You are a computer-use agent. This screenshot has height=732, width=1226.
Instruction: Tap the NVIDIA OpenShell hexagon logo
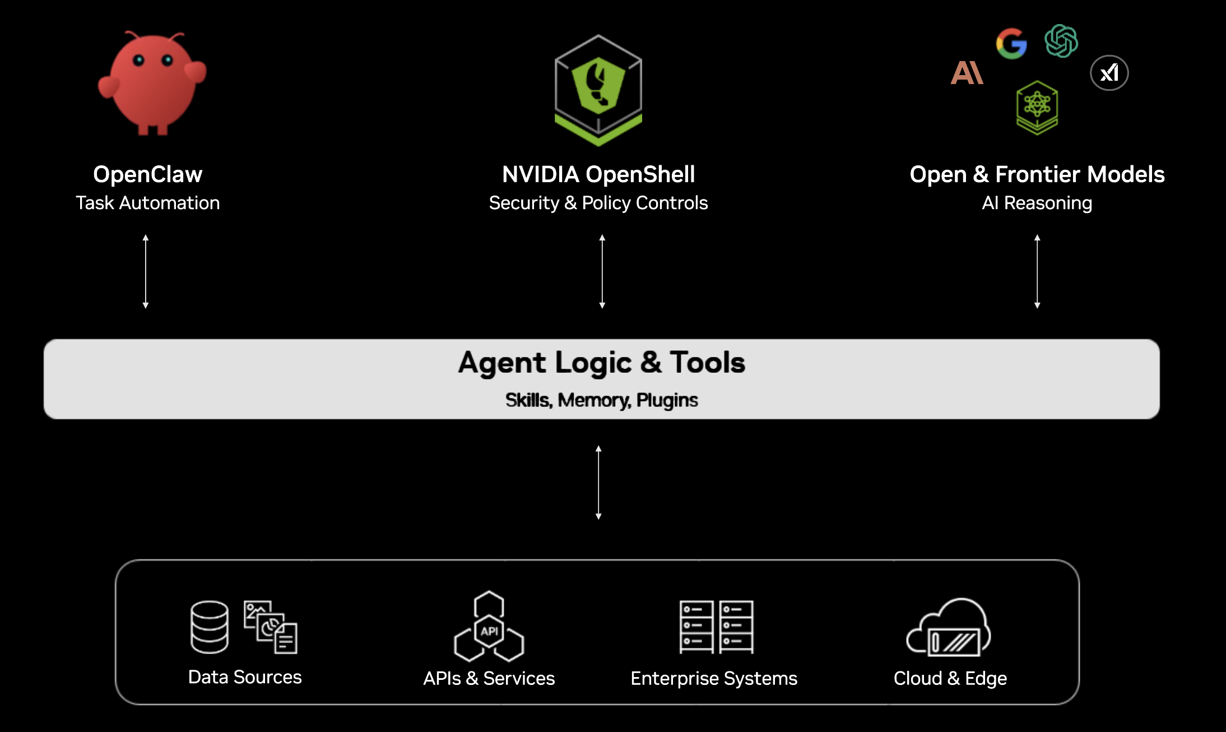tap(598, 90)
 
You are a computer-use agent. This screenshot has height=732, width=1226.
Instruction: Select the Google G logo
tap(1011, 43)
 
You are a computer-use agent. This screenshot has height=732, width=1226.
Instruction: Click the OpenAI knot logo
tap(1061, 41)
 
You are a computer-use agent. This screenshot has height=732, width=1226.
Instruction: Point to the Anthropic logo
tap(967, 73)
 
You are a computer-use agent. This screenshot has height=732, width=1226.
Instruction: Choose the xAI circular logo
tap(1109, 73)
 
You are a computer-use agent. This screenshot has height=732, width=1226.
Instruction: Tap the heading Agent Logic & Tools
tap(601, 362)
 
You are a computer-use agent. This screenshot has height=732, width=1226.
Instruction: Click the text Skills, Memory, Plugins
tap(601, 400)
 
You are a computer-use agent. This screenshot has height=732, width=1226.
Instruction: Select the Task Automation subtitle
tap(148, 203)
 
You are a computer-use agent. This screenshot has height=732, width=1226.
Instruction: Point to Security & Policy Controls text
tap(598, 203)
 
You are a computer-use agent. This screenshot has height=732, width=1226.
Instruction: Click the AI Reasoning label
tap(1037, 203)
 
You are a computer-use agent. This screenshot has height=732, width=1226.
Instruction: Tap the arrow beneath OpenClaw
tap(146, 272)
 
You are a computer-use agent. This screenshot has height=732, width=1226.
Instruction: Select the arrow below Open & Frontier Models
tap(1037, 272)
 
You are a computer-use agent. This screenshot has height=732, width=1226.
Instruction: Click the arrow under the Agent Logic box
tap(598, 483)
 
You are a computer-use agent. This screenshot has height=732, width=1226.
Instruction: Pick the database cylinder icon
tap(210, 627)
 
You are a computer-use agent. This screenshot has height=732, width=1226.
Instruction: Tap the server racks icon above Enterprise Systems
tap(716, 627)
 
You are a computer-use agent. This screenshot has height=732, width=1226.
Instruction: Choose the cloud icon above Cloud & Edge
tap(949, 627)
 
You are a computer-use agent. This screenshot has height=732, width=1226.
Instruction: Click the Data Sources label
tap(245, 677)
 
